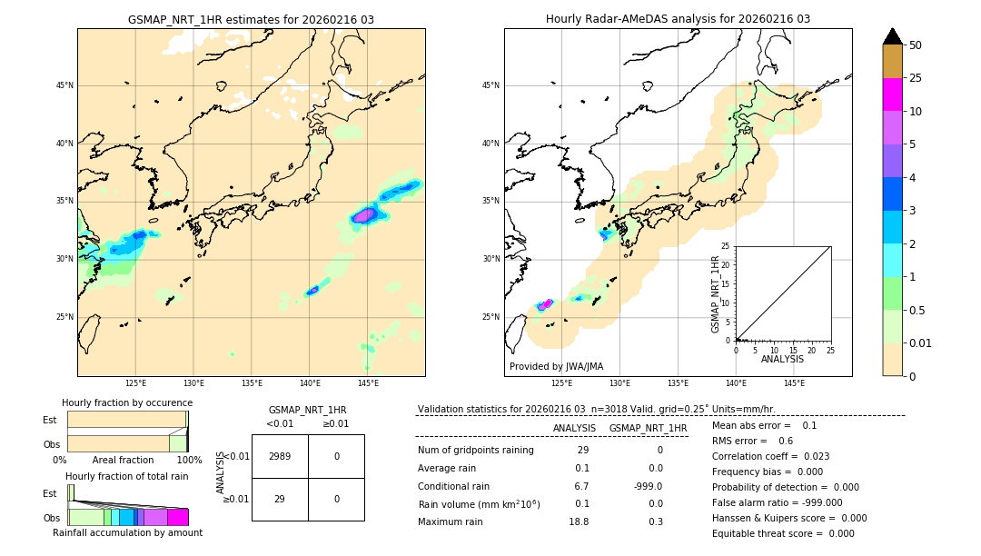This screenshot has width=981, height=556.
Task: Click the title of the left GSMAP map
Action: (251, 19)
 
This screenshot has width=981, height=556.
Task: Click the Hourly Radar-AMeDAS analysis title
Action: (678, 19)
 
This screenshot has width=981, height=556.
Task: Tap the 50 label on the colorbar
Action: (916, 45)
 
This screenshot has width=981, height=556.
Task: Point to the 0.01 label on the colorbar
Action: (921, 343)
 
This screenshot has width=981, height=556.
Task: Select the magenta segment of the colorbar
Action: (892, 94)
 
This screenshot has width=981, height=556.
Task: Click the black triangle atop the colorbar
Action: (892, 36)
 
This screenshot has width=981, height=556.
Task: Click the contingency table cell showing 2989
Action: (280, 456)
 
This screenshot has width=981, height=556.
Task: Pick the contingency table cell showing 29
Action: (280, 499)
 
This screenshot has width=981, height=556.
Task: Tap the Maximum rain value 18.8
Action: (579, 521)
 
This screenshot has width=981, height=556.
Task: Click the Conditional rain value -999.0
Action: (649, 486)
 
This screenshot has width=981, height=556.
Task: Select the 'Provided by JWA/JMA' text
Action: (556, 366)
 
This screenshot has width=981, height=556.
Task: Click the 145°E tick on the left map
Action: (368, 384)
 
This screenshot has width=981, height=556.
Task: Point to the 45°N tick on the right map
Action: (490, 85)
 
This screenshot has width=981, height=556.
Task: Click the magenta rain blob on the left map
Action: (365, 215)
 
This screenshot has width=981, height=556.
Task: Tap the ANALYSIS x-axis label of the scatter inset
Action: (782, 359)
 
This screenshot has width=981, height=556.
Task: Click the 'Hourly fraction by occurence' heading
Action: (127, 402)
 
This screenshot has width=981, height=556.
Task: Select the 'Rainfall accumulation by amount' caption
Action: (127, 532)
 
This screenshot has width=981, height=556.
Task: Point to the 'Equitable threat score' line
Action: (783, 533)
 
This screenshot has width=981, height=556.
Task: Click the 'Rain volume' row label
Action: (479, 504)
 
